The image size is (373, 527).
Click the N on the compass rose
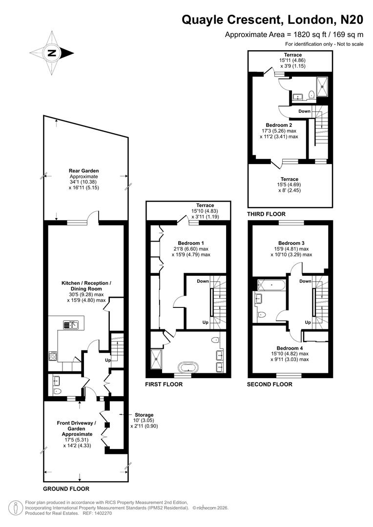coord(52,53)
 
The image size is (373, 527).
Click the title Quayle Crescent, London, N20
coord(272,20)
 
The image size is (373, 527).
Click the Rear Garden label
coord(84,171)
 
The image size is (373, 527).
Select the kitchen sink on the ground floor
coord(71,324)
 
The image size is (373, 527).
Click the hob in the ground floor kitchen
coord(53,356)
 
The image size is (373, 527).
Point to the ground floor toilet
coord(57,391)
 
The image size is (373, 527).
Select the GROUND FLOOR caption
coord(66,488)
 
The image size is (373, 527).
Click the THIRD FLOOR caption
coord(267,214)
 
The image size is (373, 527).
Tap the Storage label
coord(144,415)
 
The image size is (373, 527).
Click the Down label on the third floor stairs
coord(304,111)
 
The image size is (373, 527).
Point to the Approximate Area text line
coord(294,35)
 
